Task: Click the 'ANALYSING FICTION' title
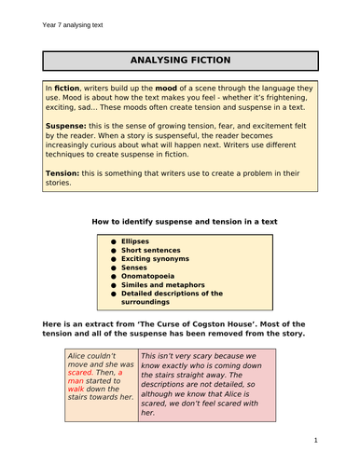pyautogui.click(x=180, y=61)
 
